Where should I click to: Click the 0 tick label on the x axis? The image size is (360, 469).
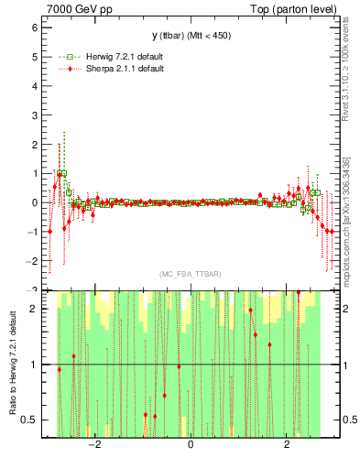point(191,446)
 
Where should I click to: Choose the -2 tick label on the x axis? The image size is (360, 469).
point(93,446)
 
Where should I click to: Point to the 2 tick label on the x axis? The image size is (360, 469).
point(288,446)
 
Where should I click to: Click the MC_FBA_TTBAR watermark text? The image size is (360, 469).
point(191,275)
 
